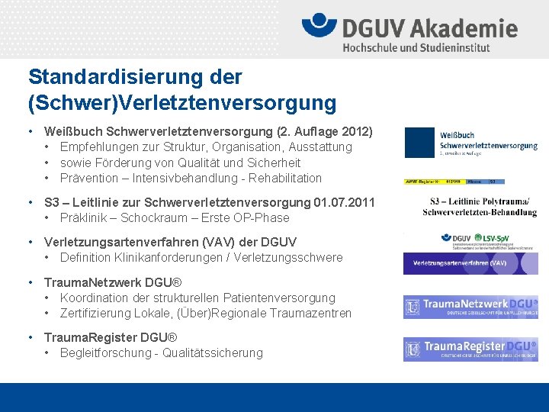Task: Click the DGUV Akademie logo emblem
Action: (319, 26)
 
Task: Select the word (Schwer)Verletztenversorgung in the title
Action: (182, 101)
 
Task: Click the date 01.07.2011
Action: (344, 202)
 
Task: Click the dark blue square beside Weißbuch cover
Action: (419, 142)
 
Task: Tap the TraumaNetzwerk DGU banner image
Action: (470, 307)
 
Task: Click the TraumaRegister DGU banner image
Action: (470, 349)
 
